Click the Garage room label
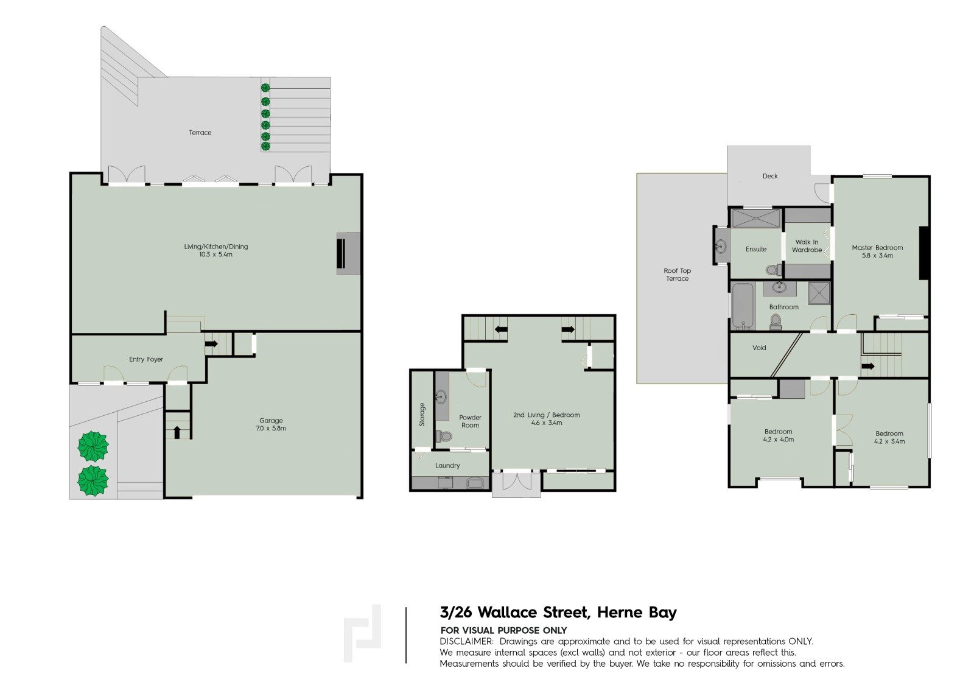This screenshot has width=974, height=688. pos(271,424)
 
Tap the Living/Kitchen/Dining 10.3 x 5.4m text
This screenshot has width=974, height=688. pos(215,250)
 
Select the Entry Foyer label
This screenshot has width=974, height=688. pos(146,359)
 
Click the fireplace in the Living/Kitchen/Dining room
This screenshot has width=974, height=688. pos(348,253)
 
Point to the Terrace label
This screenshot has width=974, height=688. pos(200,132)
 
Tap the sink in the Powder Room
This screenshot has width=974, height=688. pos(441,397)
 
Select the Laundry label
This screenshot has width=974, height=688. pos(447,465)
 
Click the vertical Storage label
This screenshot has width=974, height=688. pos(422,414)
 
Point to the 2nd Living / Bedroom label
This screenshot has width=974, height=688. pos(546,418)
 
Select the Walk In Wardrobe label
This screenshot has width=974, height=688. pos(807,245)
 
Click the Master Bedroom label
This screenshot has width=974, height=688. pos(877,251)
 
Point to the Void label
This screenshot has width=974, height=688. pos(759,348)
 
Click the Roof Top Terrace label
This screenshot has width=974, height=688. pos(677,274)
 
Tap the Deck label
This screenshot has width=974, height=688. pos(770,176)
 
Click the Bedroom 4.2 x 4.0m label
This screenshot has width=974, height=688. pos(779,435)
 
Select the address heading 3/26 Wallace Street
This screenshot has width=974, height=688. pos(558,613)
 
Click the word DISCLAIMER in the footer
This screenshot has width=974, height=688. pos(466,641)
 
